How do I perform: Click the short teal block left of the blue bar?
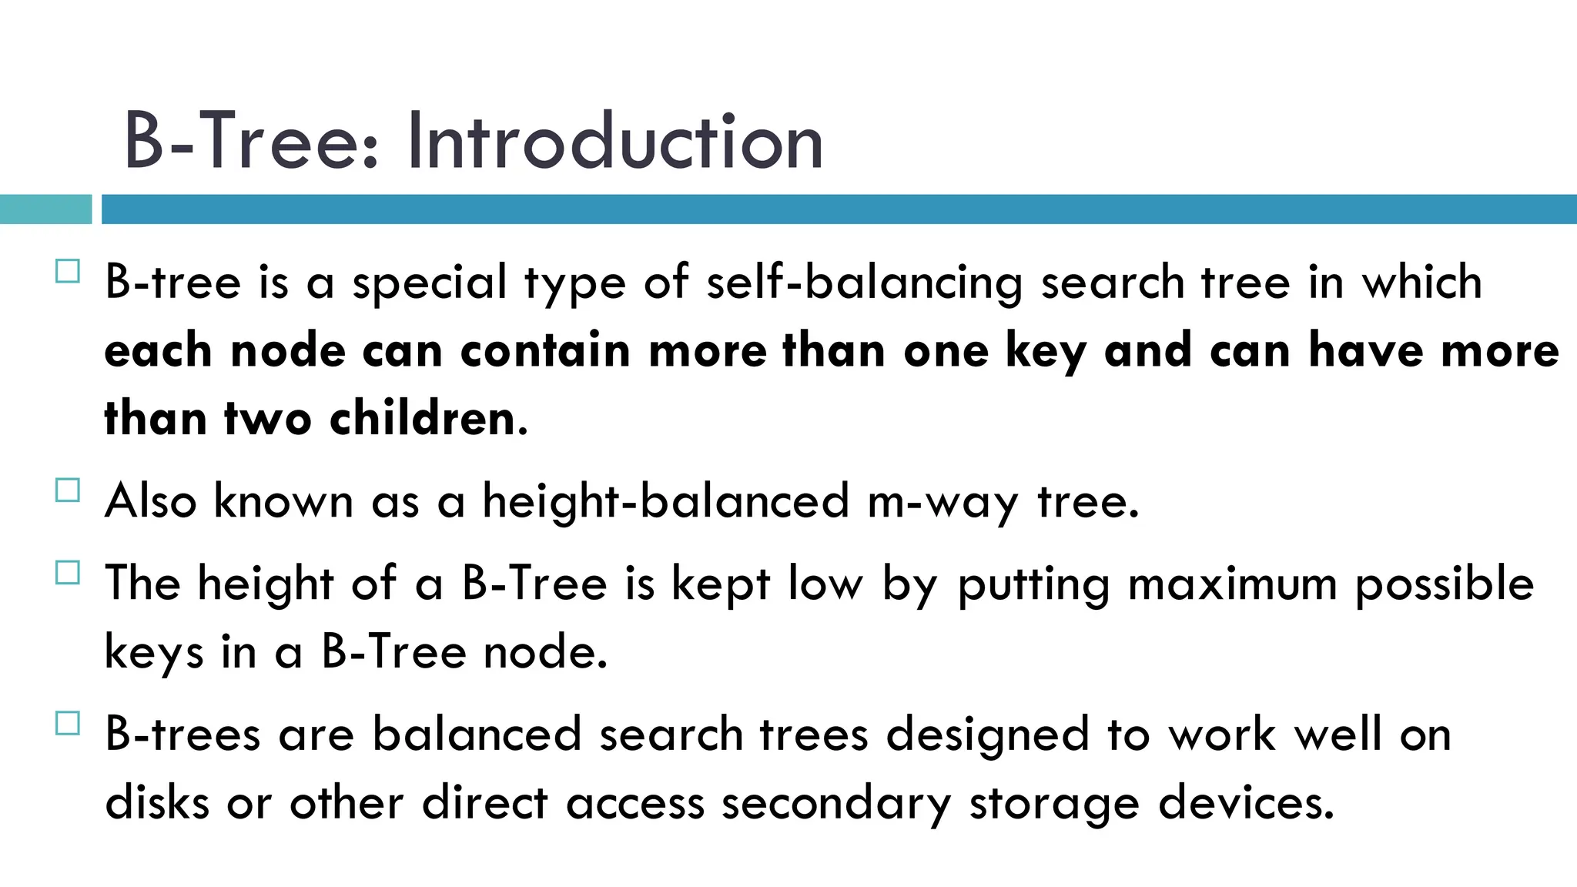point(45,209)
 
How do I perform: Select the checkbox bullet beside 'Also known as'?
point(68,490)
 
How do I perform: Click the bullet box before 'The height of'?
point(68,573)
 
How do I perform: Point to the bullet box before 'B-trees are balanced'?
point(68,724)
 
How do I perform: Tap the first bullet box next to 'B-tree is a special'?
point(68,272)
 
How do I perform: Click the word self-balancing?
point(864,283)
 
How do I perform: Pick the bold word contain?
point(545,351)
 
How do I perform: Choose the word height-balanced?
point(665,501)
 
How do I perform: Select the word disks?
point(157,803)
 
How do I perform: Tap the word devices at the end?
point(1246,803)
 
